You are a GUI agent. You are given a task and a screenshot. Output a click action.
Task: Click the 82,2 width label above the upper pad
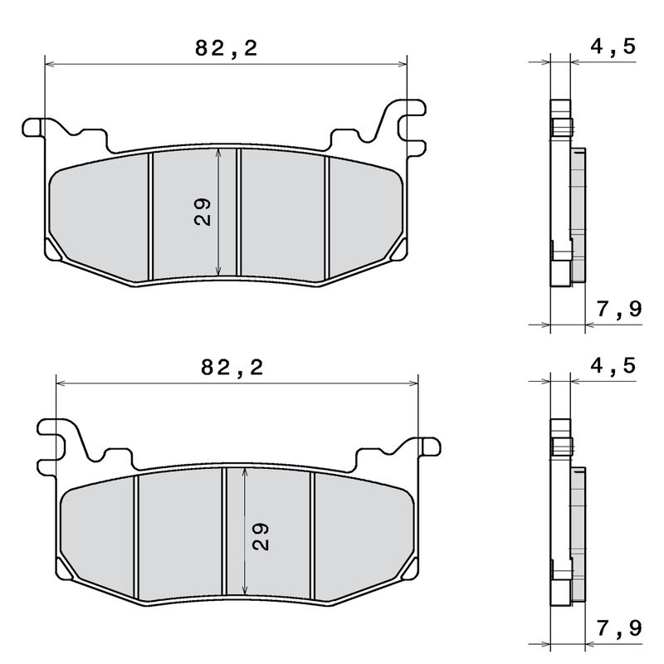[x=227, y=48]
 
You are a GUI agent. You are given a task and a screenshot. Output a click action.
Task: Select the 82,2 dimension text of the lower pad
[x=232, y=367]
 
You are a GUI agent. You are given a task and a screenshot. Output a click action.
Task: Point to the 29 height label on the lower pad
[x=260, y=536]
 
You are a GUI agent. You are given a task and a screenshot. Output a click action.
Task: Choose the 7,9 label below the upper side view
[x=619, y=310]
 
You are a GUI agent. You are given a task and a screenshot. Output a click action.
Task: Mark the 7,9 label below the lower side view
[x=619, y=629]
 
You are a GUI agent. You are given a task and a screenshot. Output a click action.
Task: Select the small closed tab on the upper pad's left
[x=34, y=126]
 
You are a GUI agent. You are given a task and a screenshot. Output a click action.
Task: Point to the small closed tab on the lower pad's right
[x=428, y=447]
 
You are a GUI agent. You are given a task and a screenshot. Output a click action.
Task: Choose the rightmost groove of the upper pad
[x=327, y=216]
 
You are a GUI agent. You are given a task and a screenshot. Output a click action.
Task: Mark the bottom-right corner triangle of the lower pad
[x=409, y=570]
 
